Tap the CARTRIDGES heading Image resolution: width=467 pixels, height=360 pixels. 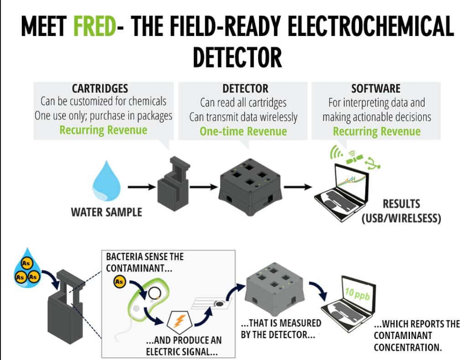coord(100,88)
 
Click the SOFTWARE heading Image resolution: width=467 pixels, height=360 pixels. coord(376,88)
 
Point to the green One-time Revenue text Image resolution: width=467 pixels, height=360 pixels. coord(243,132)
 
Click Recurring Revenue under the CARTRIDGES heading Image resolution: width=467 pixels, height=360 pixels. coord(104,130)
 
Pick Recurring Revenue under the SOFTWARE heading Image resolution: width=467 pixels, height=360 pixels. coord(376,132)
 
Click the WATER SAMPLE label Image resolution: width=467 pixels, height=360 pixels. coord(106,212)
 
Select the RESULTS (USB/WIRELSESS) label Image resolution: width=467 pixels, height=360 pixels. coord(401,211)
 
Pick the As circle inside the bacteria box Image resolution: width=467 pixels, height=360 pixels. coord(119,282)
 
